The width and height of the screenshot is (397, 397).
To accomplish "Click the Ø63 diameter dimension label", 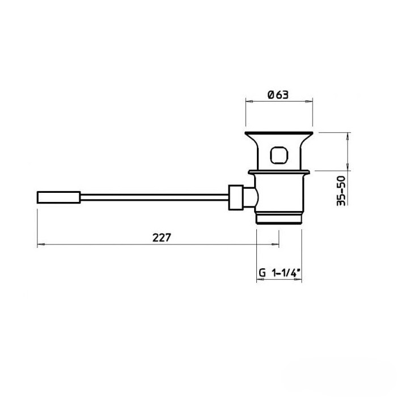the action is pyautogui.click(x=278, y=95).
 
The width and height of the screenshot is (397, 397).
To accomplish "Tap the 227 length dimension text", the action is pyautogui.click(x=162, y=238).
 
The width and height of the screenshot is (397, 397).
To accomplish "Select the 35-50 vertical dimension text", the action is pyautogui.click(x=341, y=191).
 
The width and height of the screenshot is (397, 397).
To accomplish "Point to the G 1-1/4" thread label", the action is pyautogui.click(x=280, y=273).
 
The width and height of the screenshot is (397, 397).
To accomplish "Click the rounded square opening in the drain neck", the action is pyautogui.click(x=279, y=155).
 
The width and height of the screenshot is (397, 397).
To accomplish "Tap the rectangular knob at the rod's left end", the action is pyautogui.click(x=59, y=197).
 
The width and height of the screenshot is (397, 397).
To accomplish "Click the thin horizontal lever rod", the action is pyautogui.click(x=154, y=197).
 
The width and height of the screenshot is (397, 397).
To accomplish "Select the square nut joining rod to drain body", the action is pyautogui.click(x=236, y=197).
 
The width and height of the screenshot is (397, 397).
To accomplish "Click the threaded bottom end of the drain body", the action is pyautogui.click(x=279, y=218).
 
